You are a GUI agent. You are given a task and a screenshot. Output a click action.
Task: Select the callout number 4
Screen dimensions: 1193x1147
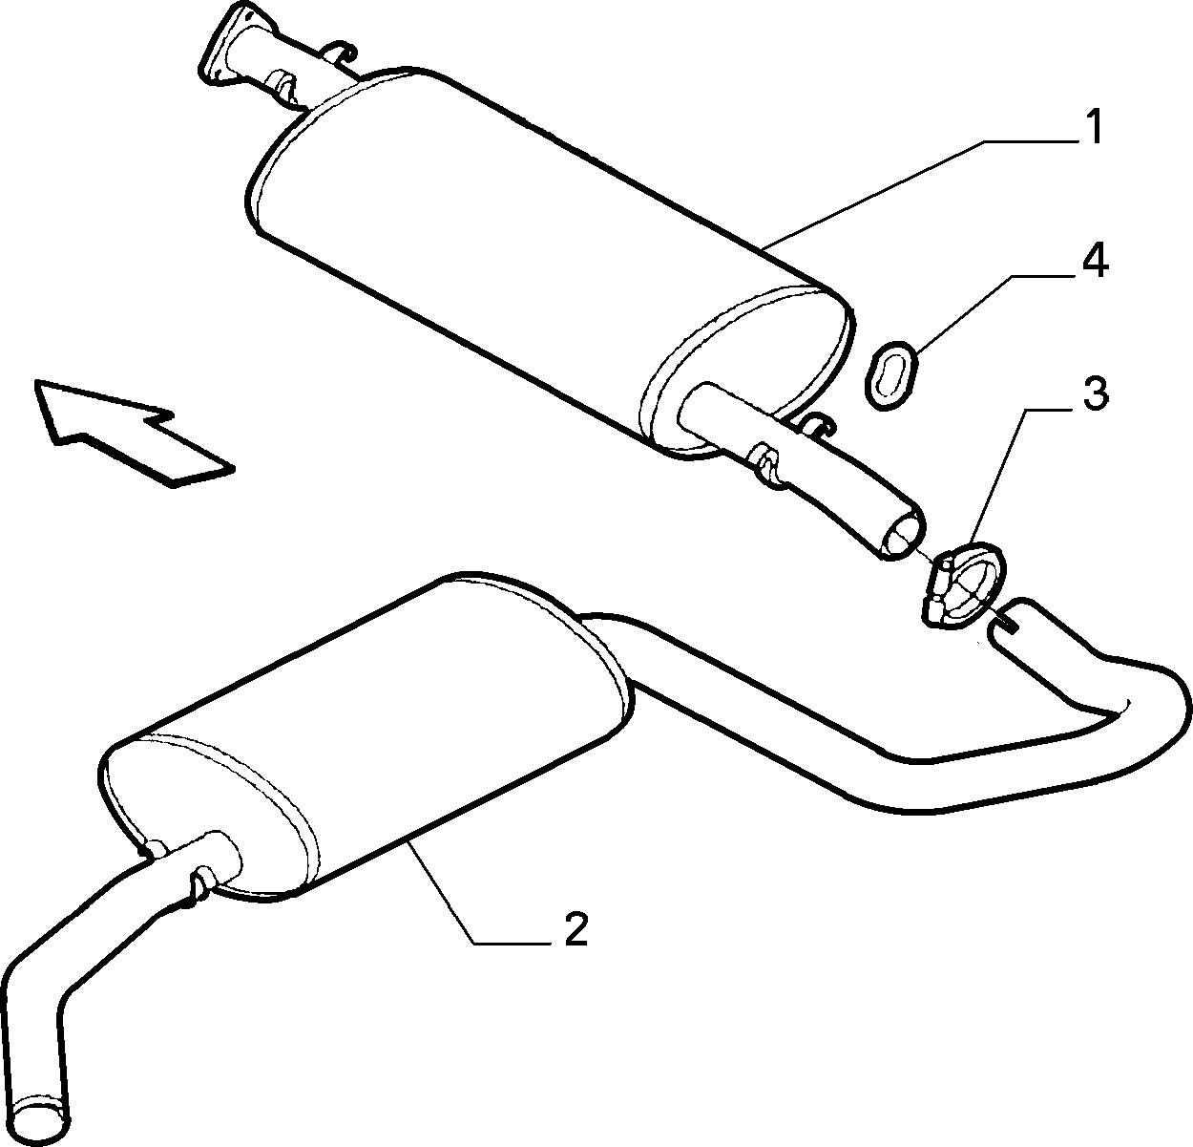click(1095, 261)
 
